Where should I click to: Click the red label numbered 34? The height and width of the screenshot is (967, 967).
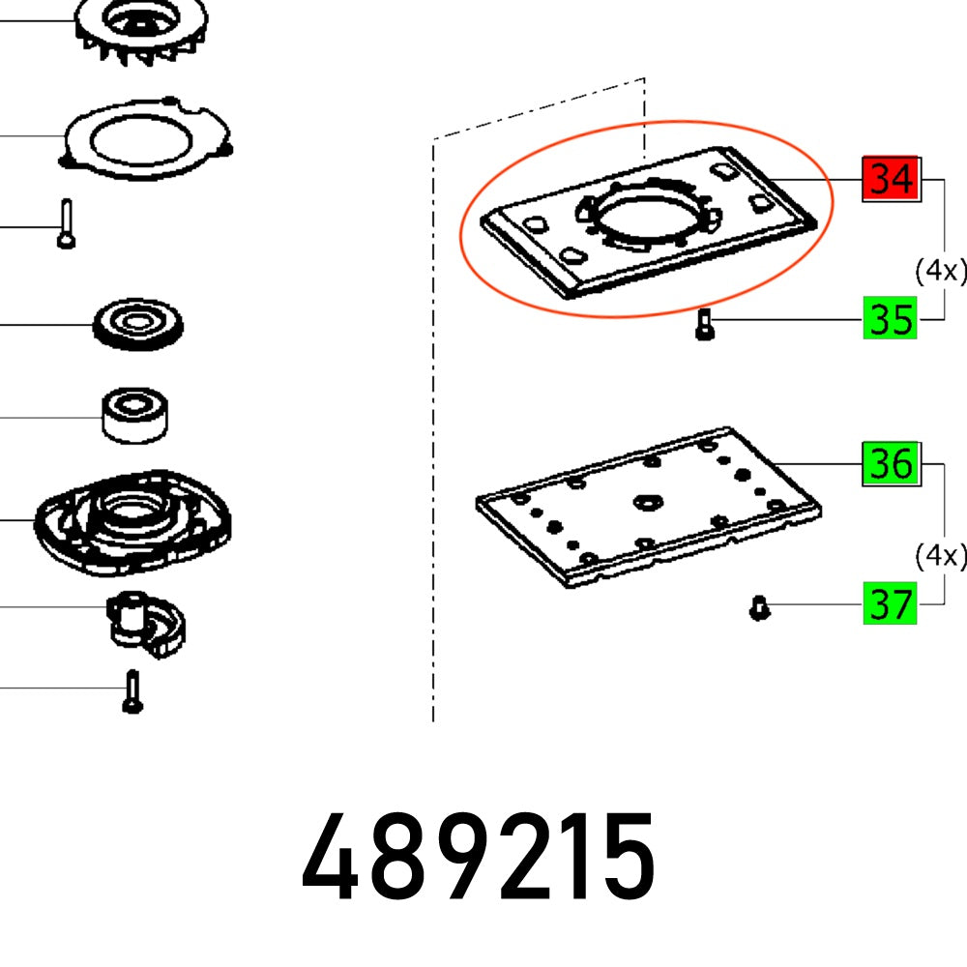click(890, 179)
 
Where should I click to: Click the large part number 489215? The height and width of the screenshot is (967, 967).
click(480, 857)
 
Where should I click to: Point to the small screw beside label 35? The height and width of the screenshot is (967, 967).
click(703, 323)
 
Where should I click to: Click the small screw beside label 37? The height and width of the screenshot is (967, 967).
click(759, 607)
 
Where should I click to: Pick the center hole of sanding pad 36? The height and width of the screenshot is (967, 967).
click(645, 502)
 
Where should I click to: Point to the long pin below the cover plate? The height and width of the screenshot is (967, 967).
click(65, 223)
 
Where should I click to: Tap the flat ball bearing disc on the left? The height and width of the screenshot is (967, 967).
click(139, 321)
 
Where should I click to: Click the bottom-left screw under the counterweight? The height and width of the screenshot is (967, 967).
click(132, 691)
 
